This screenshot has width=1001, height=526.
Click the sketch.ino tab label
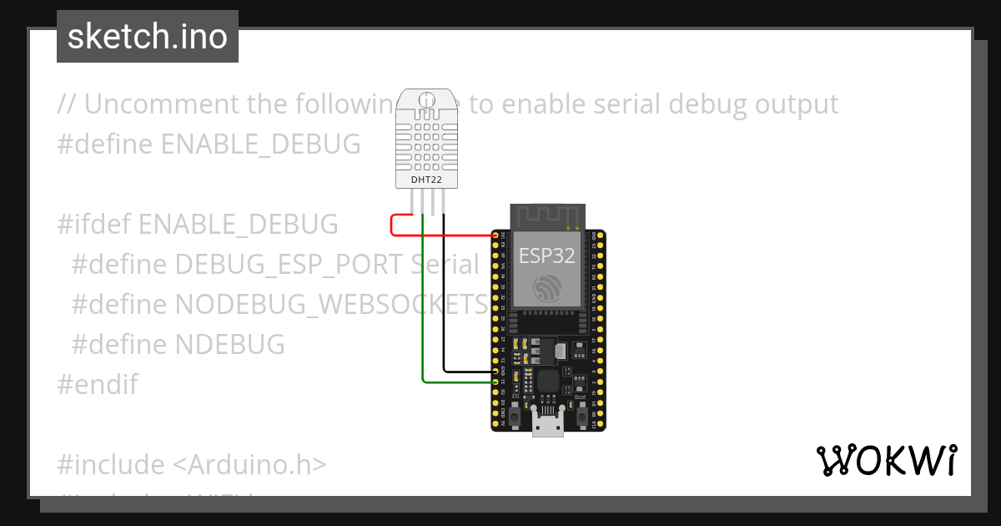pyautogui.click(x=148, y=37)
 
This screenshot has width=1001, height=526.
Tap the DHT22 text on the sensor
pyautogui.click(x=427, y=180)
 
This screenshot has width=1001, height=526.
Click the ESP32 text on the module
pyautogui.click(x=547, y=256)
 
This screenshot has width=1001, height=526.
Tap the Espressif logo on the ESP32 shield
pyautogui.click(x=547, y=288)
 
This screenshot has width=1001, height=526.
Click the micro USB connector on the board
pyautogui.click(x=548, y=426)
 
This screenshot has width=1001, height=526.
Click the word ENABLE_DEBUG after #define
pyautogui.click(x=260, y=144)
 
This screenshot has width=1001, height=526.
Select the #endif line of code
pyautogui.click(x=98, y=384)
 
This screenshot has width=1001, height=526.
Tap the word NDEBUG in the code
pyautogui.click(x=230, y=344)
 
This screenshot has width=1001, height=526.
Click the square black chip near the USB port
pyautogui.click(x=548, y=381)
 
